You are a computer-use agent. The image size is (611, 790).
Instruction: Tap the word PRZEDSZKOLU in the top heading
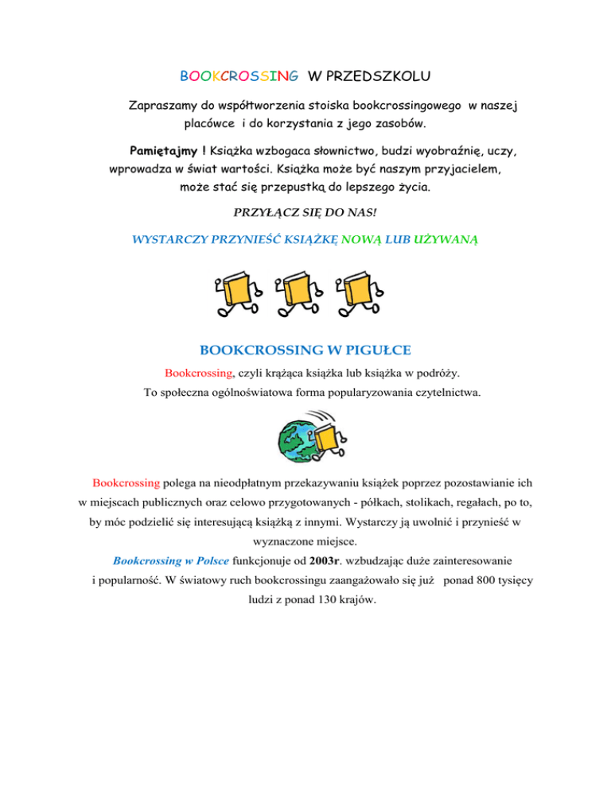tap(379, 77)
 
